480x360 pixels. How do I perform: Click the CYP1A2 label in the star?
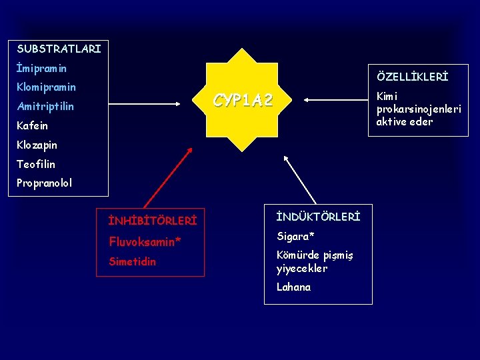[x=243, y=101]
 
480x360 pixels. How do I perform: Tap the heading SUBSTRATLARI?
[x=59, y=49]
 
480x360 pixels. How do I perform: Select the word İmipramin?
[x=41, y=68]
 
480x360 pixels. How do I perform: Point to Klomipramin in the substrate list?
[x=46, y=87]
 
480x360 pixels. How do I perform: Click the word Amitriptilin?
[x=45, y=107]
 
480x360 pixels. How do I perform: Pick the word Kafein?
[x=33, y=125]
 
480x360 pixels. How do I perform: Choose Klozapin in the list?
[x=37, y=145]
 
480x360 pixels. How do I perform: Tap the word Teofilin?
[x=36, y=164]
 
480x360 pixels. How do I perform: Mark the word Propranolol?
[x=44, y=183]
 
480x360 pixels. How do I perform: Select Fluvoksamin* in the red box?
[x=145, y=241]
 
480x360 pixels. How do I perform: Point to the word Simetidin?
[x=132, y=261]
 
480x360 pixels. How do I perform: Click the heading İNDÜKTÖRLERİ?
[x=318, y=217]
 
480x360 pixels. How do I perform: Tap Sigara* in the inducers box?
[x=295, y=237]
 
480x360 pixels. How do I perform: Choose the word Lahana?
[x=293, y=287]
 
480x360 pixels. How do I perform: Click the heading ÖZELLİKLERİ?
[x=413, y=77]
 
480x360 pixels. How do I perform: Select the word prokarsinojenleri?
[x=419, y=109]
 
